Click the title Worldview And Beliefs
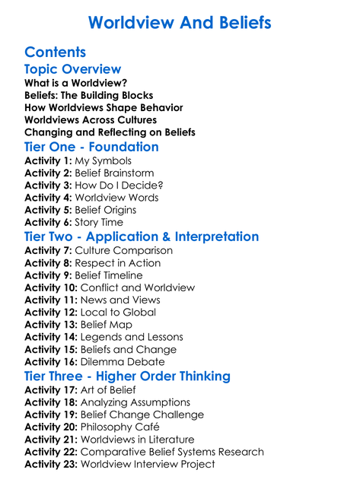point(180,22)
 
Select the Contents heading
point(55,52)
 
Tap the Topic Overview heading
point(72,69)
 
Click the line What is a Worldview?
point(75,83)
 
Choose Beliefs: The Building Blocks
point(88,95)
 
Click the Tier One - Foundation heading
point(91,147)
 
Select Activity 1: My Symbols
point(78,161)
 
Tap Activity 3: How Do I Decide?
point(94,186)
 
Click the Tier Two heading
point(142,237)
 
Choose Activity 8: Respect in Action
point(92,263)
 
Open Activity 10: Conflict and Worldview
point(110,287)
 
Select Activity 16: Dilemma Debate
point(95,361)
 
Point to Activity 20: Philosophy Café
point(97,427)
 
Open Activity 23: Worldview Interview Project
point(119,464)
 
